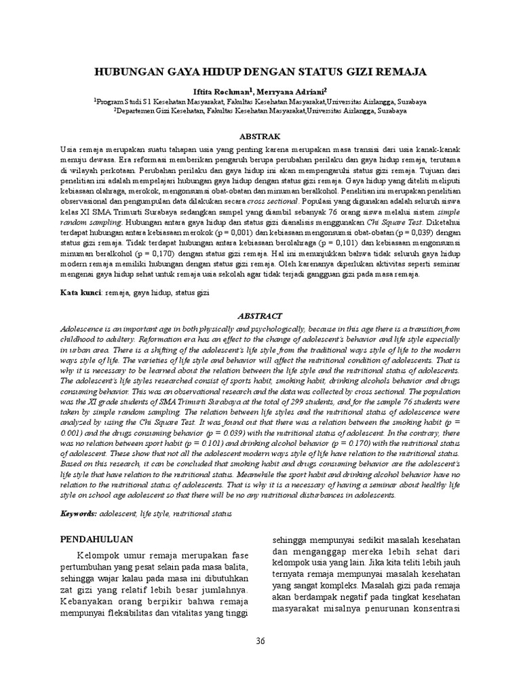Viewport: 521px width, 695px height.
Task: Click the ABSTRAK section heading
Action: (260, 136)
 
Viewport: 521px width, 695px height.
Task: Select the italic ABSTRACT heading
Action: (260, 316)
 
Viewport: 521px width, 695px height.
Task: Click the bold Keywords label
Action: (77, 514)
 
